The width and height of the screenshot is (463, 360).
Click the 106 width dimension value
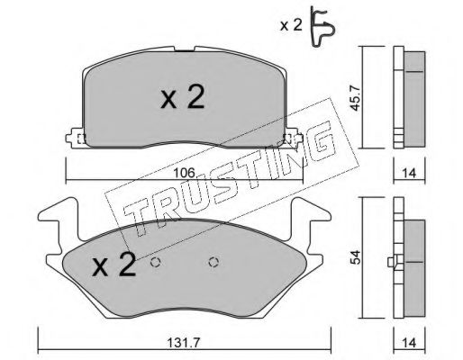pyautogui.click(x=185, y=173)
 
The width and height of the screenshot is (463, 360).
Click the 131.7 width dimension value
pyautogui.click(x=185, y=343)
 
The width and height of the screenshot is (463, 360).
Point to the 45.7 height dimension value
pyautogui.click(x=356, y=97)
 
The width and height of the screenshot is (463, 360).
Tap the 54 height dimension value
pyautogui.click(x=356, y=257)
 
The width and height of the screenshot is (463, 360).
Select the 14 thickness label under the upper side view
pyautogui.click(x=410, y=173)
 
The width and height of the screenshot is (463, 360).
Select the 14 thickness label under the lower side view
pyautogui.click(x=410, y=343)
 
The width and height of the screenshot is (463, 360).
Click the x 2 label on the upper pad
pyautogui.click(x=183, y=96)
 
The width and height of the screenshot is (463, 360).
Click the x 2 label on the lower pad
pyautogui.click(x=113, y=264)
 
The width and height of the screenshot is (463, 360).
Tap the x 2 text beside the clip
pyautogui.click(x=291, y=26)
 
